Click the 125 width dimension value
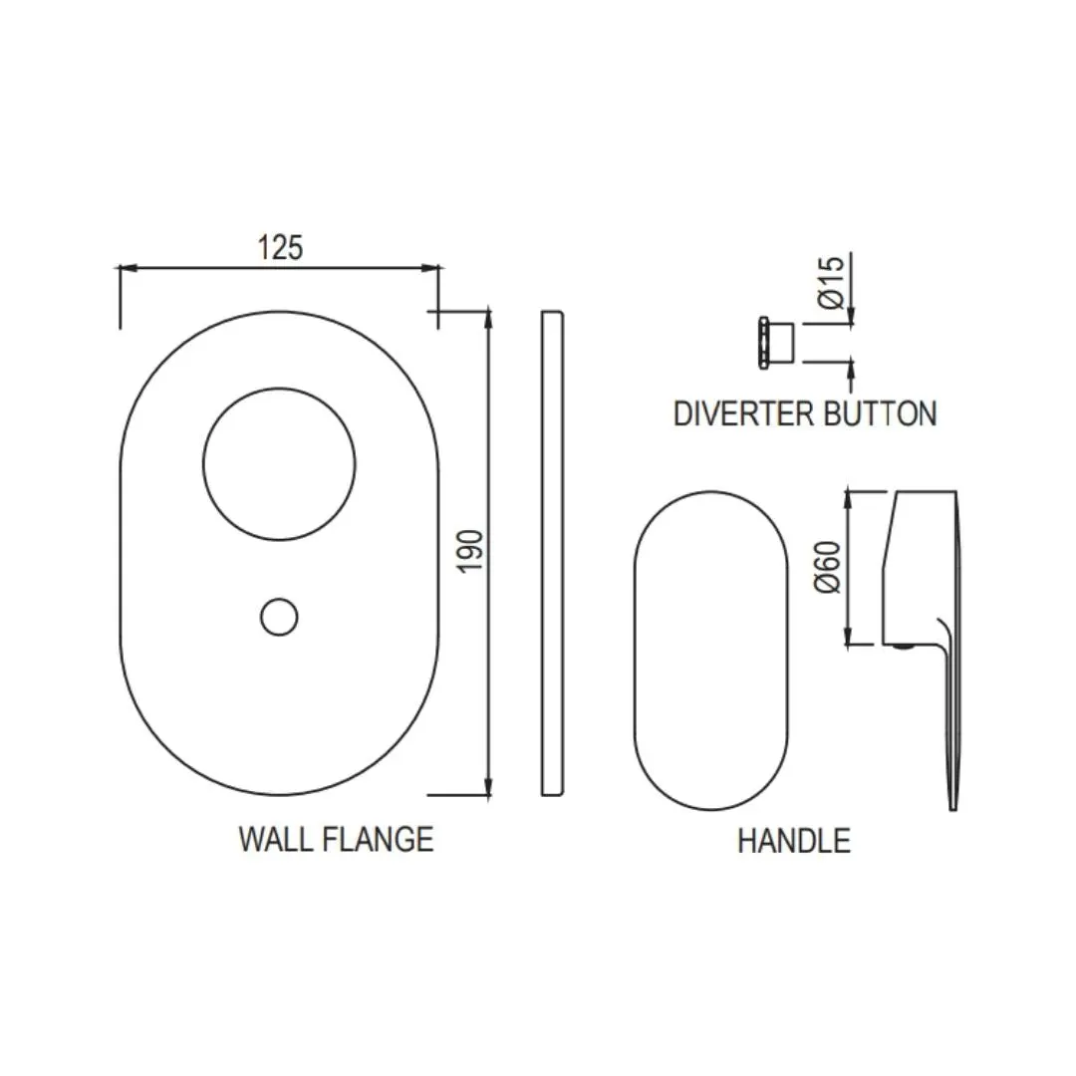pos(280,248)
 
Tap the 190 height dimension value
pos(471,550)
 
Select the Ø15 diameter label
pos(830,282)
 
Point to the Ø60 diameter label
pos(827,567)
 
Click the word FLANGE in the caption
pos(379,839)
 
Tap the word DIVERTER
pos(744,413)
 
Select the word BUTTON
pos(881,413)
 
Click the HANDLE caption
pos(794,841)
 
